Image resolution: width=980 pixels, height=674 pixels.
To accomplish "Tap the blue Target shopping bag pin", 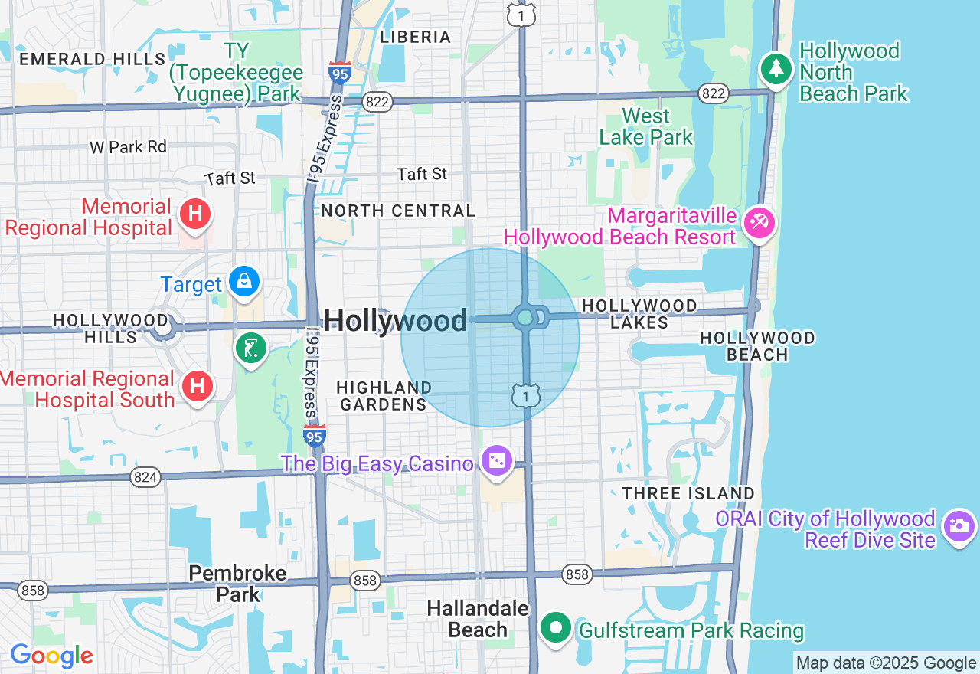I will click(x=244, y=281).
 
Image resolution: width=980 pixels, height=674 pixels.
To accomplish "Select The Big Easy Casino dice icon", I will click(x=496, y=460).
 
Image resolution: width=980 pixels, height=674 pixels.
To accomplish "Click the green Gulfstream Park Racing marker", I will click(x=556, y=629).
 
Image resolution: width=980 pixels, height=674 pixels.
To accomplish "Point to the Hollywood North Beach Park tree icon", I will click(x=776, y=69).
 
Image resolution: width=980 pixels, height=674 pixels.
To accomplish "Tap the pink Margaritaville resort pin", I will click(x=759, y=223).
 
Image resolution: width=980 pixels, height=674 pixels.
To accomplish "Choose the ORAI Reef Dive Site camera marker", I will click(x=959, y=525).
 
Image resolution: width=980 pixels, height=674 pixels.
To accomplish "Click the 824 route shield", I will click(x=145, y=477).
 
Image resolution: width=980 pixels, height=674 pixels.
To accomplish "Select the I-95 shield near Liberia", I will click(x=340, y=74).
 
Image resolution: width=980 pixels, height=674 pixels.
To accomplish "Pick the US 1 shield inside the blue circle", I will click(x=527, y=395).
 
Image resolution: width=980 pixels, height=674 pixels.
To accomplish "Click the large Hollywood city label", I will click(x=395, y=321).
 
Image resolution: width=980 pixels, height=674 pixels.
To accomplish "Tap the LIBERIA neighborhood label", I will click(x=416, y=37).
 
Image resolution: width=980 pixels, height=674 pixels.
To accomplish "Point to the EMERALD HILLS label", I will click(x=92, y=59).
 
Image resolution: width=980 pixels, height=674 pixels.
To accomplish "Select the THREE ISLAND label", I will click(x=688, y=493).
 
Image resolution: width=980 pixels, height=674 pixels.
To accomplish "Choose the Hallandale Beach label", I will click(x=478, y=619).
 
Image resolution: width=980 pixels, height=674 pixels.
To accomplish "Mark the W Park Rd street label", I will click(x=128, y=146).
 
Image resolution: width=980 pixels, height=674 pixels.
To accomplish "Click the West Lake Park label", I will click(x=645, y=126).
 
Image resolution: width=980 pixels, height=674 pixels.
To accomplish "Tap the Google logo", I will click(x=51, y=656).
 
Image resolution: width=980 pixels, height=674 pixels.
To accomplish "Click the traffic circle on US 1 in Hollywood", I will click(x=525, y=317).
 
